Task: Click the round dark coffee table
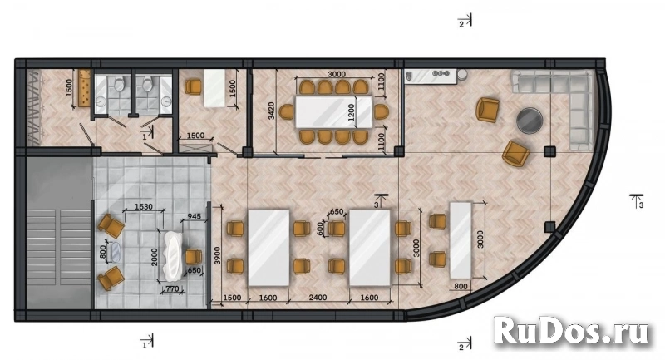(x=530, y=120)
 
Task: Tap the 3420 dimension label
(x=272, y=111)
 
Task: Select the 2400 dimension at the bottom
(x=318, y=298)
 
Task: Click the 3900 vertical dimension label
(x=218, y=255)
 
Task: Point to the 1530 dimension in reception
(x=143, y=207)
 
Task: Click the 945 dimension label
(x=194, y=216)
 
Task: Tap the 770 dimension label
(x=170, y=289)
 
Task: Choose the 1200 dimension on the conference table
(x=351, y=112)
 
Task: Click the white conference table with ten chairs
(x=334, y=112)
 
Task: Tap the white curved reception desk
(x=174, y=256)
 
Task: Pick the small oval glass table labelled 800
(x=115, y=252)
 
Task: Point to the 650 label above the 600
(x=337, y=211)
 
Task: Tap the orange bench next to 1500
(x=85, y=88)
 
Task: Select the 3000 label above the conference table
(x=337, y=74)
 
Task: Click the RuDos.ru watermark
(x=571, y=331)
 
